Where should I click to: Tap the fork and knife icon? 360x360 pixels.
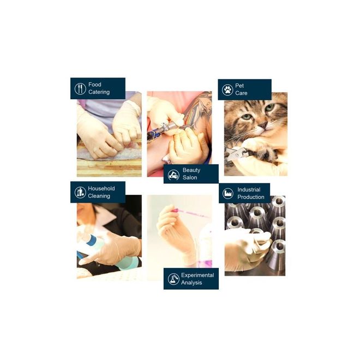pyautogui.click(x=80, y=88)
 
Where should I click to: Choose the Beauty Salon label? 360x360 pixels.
pyautogui.click(x=191, y=174)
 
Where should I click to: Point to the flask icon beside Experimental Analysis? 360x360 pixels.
pyautogui.click(x=173, y=279)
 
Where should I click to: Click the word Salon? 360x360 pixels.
pyautogui.click(x=190, y=178)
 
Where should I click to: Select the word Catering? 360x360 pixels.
pyautogui.click(x=99, y=92)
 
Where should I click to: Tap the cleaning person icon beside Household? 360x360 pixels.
pyautogui.click(x=80, y=192)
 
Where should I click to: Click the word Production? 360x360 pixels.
pyautogui.click(x=251, y=197)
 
